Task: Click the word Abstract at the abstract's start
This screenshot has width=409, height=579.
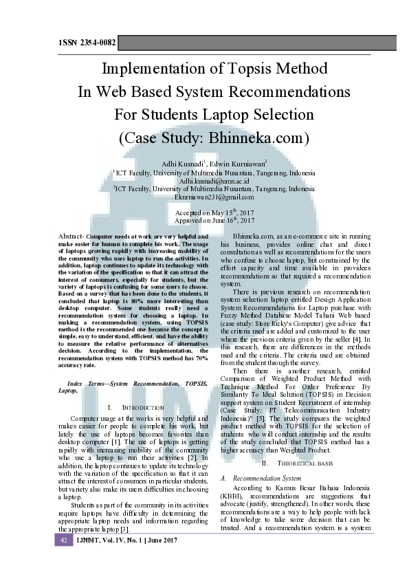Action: point(71,237)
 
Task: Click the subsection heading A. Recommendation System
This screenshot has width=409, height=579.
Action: point(262,458)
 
